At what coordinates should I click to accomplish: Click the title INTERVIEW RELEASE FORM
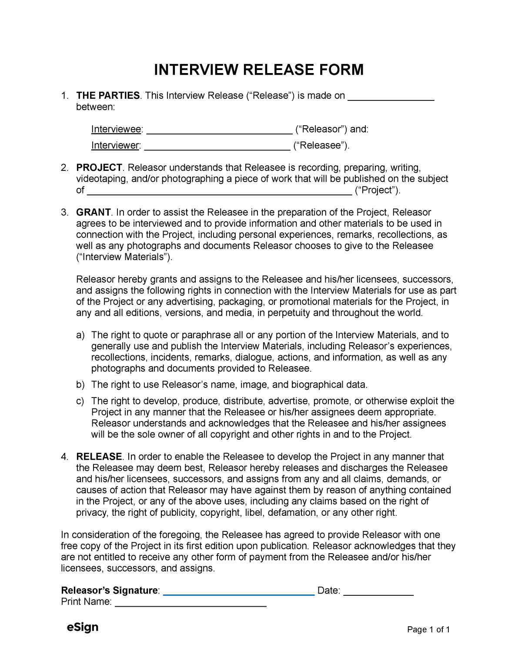259,70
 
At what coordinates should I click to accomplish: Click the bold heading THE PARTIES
108,96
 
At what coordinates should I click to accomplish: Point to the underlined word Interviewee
116,129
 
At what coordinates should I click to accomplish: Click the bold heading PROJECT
99,168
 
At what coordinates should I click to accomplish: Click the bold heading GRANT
93,212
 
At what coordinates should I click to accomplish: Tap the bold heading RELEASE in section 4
99,457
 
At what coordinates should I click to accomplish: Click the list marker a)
80,335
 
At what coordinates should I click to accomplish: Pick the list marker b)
80,385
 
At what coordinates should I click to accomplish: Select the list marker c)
80,401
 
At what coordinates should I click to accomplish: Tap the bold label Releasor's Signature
110,591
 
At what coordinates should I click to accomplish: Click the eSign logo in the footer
82,627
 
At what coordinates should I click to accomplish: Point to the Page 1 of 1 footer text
428,630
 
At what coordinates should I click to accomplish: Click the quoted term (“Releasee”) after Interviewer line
321,146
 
